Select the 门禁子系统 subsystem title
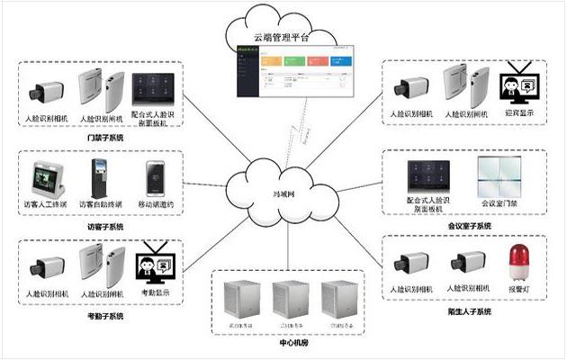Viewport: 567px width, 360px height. [x=106, y=138]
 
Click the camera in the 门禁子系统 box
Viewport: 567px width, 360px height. [x=45, y=91]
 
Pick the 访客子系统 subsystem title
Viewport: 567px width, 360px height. [x=104, y=228]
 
